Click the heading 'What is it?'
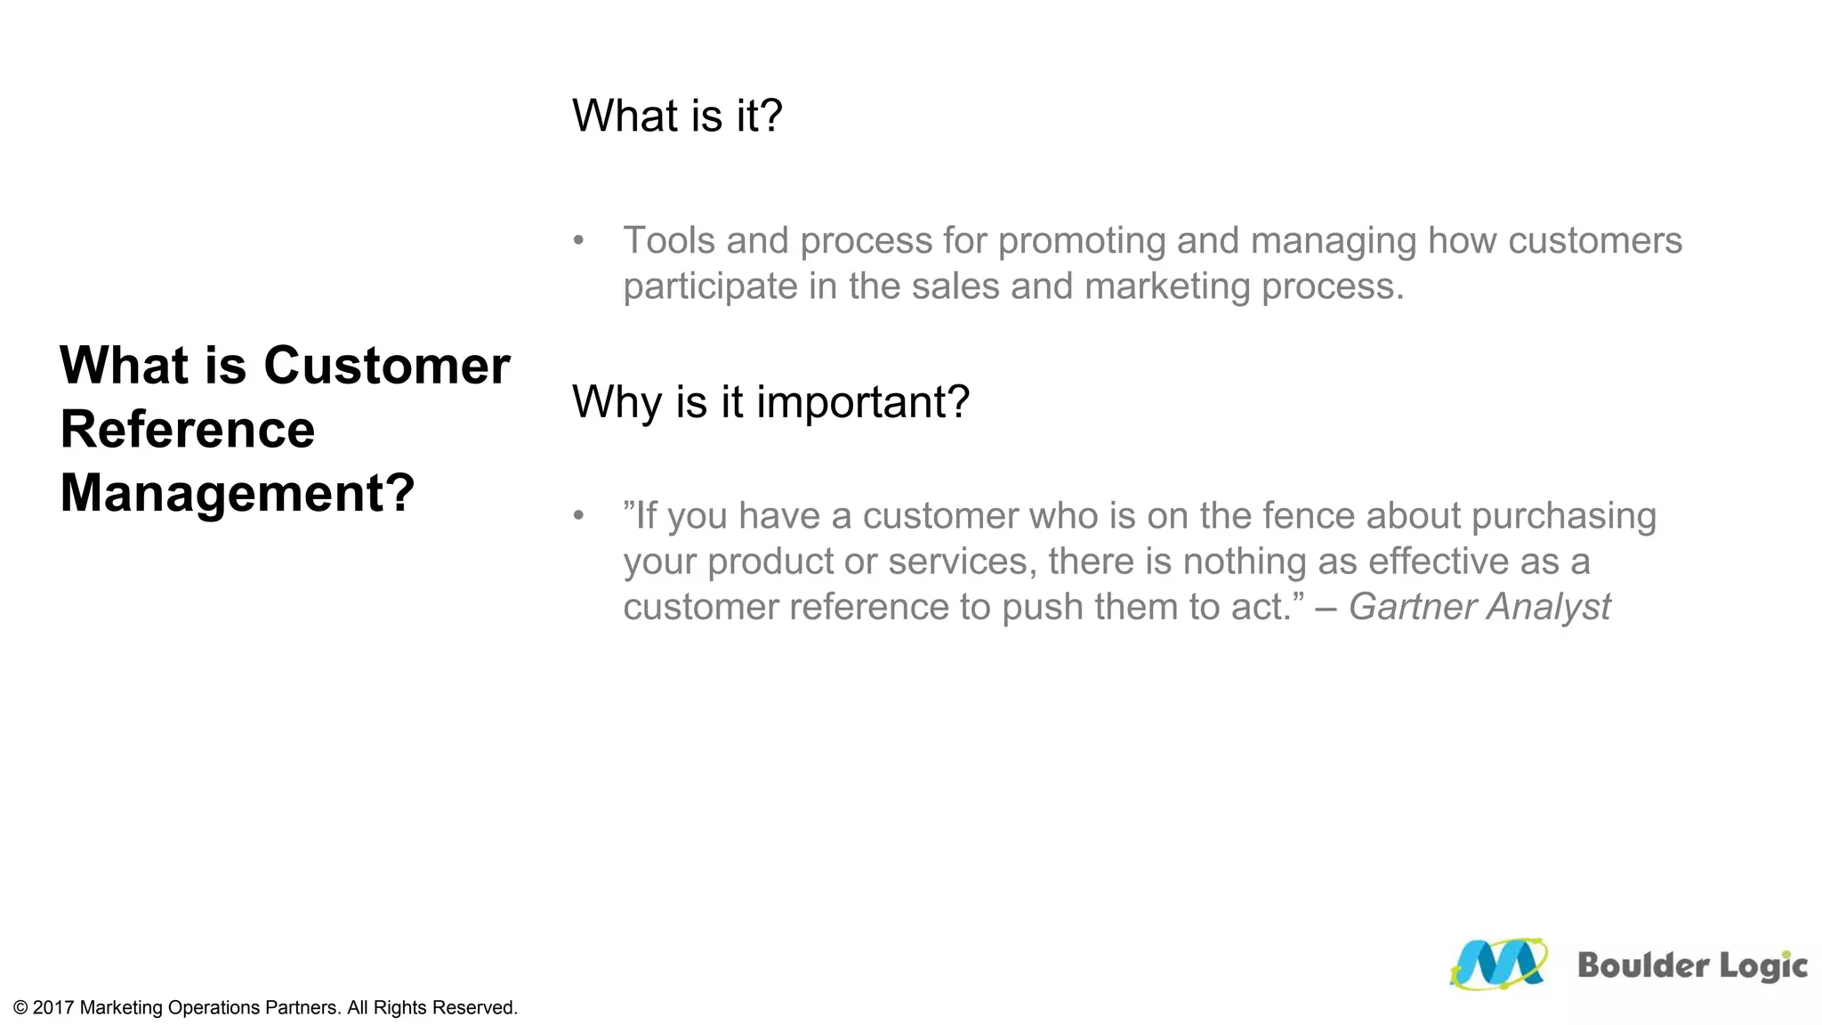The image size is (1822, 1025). click(677, 117)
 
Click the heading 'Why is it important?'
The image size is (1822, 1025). click(770, 402)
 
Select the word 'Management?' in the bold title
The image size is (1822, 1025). click(238, 493)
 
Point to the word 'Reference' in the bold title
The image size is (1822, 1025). click(188, 430)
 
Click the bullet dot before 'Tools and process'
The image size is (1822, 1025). click(579, 240)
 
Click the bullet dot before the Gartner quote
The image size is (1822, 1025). click(579, 515)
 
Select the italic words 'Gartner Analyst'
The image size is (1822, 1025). click(1479, 607)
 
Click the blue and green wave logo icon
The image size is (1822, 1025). click(1498, 964)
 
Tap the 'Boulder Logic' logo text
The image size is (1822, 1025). click(1691, 965)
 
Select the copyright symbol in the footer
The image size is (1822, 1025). click(20, 1008)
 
